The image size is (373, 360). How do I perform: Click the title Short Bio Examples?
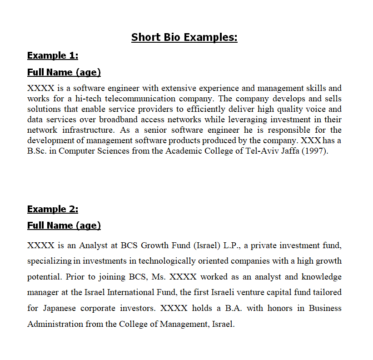coord(184,37)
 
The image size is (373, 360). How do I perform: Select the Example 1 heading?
coord(53,55)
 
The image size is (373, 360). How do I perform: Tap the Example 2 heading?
coord(53,209)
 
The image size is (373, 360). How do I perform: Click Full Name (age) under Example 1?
coord(64,72)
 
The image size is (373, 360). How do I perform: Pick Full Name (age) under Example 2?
coord(64,225)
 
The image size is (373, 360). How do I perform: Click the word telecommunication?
coord(136,99)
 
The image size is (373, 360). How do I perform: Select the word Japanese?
coord(60,308)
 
